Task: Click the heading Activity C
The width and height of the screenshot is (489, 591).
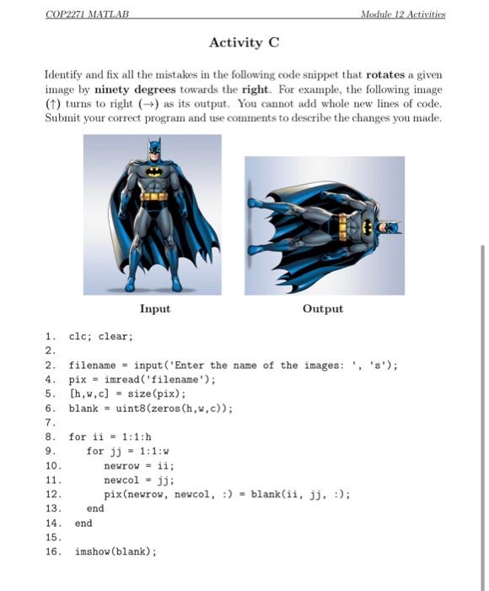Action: pyautogui.click(x=244, y=42)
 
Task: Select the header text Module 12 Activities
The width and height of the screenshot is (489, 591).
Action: pyautogui.click(x=402, y=14)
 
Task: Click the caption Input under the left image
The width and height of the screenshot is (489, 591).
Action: pyautogui.click(x=154, y=309)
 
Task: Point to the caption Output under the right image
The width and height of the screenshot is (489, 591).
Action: pyautogui.click(x=322, y=309)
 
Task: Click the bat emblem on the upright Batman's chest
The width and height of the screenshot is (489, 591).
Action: pyautogui.click(x=155, y=171)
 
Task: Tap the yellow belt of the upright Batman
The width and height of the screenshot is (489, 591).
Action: pyautogui.click(x=153, y=196)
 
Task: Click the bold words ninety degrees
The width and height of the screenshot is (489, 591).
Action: pyautogui.click(x=134, y=88)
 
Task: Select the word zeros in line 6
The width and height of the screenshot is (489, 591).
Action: pyautogui.click(x=164, y=408)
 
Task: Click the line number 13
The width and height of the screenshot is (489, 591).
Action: pyautogui.click(x=53, y=509)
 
